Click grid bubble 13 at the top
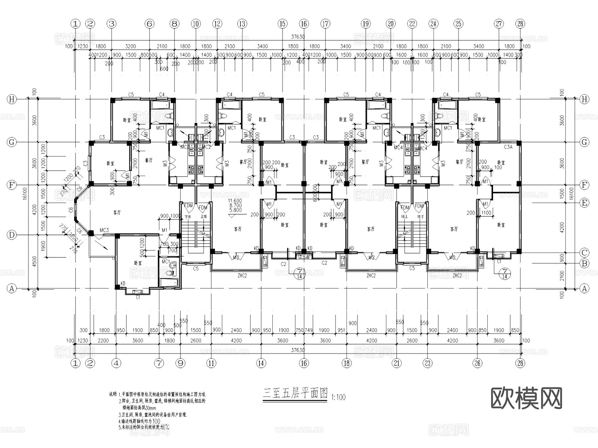[x=242, y=24]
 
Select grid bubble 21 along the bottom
[x=397, y=363]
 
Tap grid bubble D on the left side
[x=12, y=235]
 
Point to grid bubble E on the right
[x=584, y=203]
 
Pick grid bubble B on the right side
[x=584, y=263]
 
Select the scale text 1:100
[x=338, y=397]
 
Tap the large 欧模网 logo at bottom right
[x=526, y=398]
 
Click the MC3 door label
[x=104, y=230]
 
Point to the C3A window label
[x=508, y=147]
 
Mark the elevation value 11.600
[x=235, y=201]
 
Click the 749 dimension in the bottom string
[x=309, y=330]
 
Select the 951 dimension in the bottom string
[x=341, y=330]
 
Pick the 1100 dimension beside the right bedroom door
[x=486, y=213]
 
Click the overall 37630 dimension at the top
[x=298, y=37]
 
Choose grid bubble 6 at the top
[x=149, y=24]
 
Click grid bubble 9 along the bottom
[x=180, y=363]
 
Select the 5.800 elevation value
[x=235, y=210]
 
